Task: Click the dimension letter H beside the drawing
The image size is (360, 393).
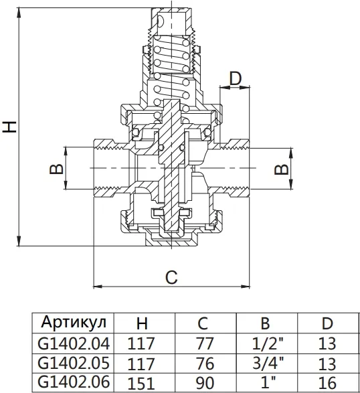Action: (x=9, y=127)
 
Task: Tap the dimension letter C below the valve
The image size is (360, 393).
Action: (x=171, y=277)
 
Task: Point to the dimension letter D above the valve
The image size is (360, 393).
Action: (x=236, y=78)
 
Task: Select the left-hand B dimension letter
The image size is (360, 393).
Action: (x=56, y=169)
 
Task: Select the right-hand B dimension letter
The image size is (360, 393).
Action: (x=281, y=169)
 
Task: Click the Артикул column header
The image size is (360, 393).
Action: (x=74, y=322)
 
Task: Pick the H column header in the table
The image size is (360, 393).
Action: (x=142, y=323)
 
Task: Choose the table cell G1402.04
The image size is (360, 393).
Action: (x=74, y=343)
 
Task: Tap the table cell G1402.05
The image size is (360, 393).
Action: (x=74, y=363)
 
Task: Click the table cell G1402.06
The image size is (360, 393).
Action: (x=74, y=382)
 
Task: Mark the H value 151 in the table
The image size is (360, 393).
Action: (x=141, y=384)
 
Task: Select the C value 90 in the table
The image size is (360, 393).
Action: (x=205, y=383)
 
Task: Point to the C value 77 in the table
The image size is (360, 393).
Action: (x=205, y=343)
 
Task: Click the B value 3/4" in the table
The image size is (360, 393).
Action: (x=268, y=363)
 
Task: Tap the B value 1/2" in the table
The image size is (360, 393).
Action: (x=268, y=343)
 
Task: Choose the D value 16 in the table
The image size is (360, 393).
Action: (x=327, y=383)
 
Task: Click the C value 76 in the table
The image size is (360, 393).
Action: (x=205, y=364)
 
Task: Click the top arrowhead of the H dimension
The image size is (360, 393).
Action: (x=19, y=13)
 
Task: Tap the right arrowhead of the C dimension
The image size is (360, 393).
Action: (x=245, y=287)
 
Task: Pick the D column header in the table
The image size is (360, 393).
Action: (x=327, y=323)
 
